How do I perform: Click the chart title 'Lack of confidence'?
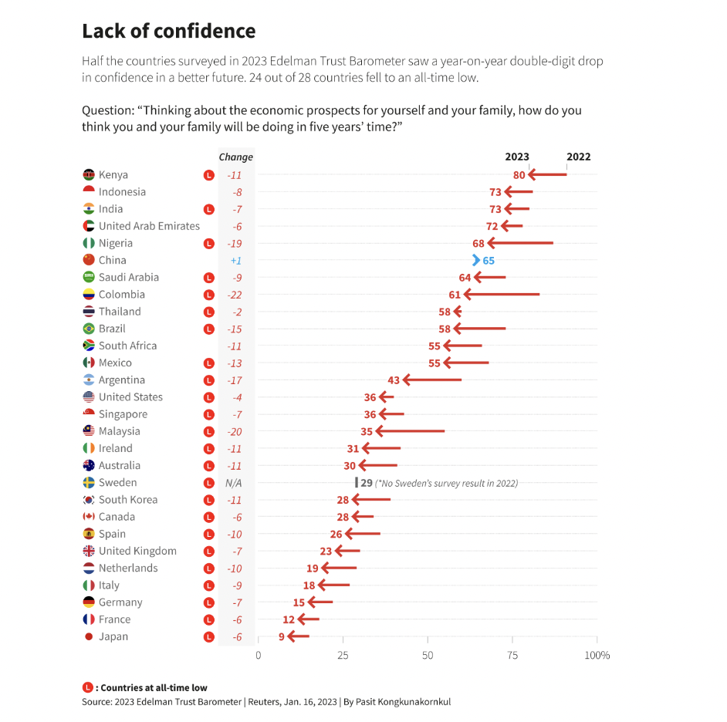(x=168, y=32)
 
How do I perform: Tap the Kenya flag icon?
(x=89, y=175)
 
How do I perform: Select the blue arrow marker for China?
(x=476, y=261)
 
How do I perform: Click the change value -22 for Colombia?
(x=235, y=295)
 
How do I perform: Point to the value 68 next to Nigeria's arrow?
(x=478, y=244)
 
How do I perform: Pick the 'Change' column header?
(x=235, y=157)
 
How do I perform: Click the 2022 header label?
(x=578, y=157)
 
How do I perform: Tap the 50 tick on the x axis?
(x=428, y=656)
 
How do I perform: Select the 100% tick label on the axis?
(x=597, y=656)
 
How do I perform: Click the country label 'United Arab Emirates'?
(x=149, y=226)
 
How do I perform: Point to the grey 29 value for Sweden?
(x=367, y=483)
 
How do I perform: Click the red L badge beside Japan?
(x=208, y=637)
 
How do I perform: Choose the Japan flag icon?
(x=89, y=637)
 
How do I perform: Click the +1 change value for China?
(x=235, y=261)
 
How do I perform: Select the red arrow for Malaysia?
(x=409, y=432)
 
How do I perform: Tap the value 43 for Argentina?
(x=394, y=380)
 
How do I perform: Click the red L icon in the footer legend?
(x=87, y=687)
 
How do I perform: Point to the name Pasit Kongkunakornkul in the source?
(x=406, y=702)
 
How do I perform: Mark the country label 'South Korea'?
(x=128, y=500)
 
